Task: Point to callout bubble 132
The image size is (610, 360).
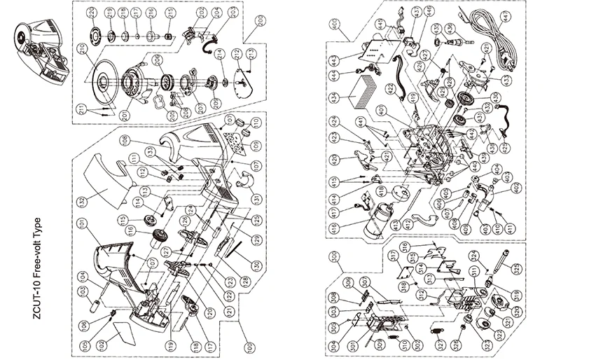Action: [81, 202]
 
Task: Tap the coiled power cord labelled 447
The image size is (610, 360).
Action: [489, 28]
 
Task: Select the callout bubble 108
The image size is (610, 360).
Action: [125, 139]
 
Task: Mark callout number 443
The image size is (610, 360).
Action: [335, 60]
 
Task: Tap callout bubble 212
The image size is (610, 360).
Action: [238, 53]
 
